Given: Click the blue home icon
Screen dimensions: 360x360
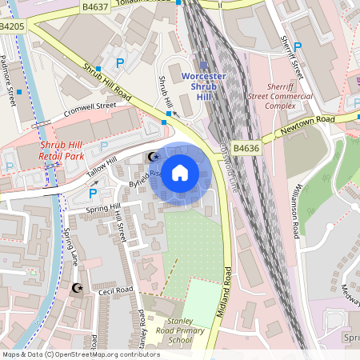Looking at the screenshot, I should point(180,173).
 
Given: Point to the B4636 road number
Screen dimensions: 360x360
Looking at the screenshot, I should point(246,147).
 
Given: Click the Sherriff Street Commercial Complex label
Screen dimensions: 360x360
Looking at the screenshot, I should point(290,94).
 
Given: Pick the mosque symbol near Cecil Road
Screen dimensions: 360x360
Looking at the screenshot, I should point(77,287).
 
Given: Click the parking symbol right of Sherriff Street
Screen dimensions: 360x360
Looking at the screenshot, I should point(298,47).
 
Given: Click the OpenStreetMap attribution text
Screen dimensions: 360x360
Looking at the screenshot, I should point(80,354).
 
